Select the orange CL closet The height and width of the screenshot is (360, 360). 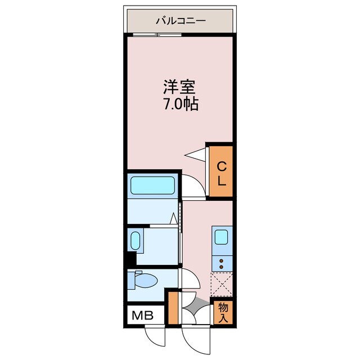tap(221, 172)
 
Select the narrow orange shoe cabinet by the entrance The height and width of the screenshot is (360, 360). tap(173, 307)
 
